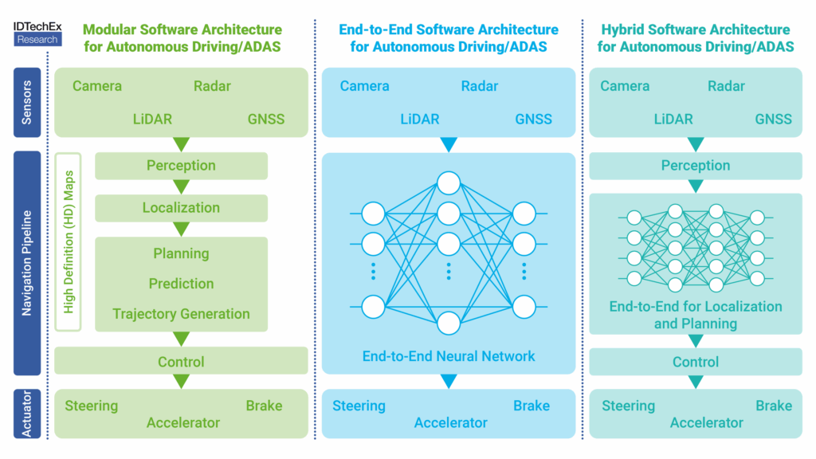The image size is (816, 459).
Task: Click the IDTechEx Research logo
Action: point(37,33)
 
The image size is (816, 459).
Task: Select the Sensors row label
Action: point(27,103)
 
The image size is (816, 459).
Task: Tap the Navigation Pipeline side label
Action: point(27,263)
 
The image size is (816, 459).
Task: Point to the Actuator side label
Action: point(27,414)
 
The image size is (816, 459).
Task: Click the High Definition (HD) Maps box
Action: point(69,242)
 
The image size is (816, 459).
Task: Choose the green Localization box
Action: point(181,208)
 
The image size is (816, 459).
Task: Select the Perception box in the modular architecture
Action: point(181,166)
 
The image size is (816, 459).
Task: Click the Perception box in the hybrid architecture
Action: point(695,166)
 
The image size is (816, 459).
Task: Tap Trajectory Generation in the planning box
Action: point(181,314)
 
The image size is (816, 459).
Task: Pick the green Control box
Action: point(181,361)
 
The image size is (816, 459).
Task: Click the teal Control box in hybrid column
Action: point(695,362)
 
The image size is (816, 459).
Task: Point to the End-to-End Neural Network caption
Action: point(449,356)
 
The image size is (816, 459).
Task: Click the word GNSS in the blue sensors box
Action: point(533,120)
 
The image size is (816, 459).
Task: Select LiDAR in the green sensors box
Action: point(152,120)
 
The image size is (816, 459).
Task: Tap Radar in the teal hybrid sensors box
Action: point(726,86)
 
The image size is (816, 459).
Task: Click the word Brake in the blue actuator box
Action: point(532,406)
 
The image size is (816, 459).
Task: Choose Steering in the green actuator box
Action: point(91,406)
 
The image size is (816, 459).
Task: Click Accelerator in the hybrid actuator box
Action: point(706,422)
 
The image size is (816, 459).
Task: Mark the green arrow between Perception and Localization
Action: point(181,186)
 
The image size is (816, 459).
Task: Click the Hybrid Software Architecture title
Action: point(695,38)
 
